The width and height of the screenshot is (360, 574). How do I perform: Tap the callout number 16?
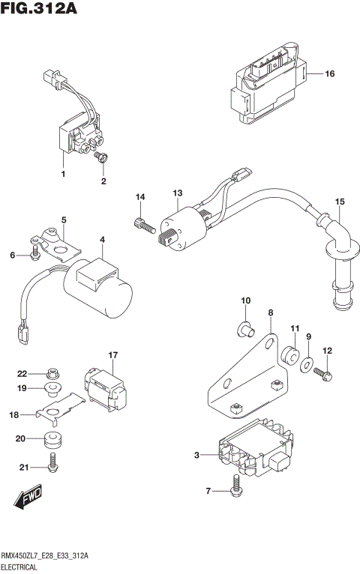pyautogui.click(x=329, y=73)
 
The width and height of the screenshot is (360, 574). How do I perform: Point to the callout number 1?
pyautogui.click(x=64, y=174)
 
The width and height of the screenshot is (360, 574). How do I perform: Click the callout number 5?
pyautogui.click(x=64, y=220)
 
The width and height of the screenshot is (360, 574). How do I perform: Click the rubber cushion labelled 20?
pyautogui.click(x=53, y=439)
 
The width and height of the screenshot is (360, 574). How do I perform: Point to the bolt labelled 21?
pyautogui.click(x=52, y=465)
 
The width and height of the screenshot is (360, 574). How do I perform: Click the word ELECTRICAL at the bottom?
pyautogui.click(x=22, y=567)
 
